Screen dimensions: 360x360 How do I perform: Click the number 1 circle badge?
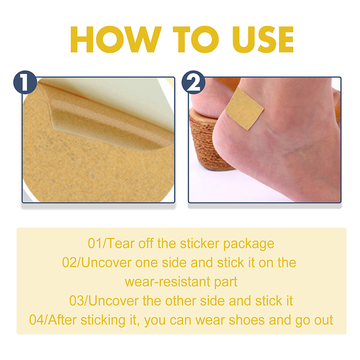pos(25,82)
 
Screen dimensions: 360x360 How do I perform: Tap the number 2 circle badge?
pos(193,82)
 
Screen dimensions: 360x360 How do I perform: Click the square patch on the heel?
pos(244,108)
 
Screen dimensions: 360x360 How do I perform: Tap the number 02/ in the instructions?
pos(72,262)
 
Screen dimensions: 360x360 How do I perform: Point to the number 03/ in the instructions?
pos(79,301)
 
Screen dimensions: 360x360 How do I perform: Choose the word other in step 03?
pos(180,301)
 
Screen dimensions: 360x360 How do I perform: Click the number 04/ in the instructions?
pos(39,320)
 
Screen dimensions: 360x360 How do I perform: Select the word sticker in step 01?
pos(199,243)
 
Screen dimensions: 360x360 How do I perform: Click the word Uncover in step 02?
pos(106,262)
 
